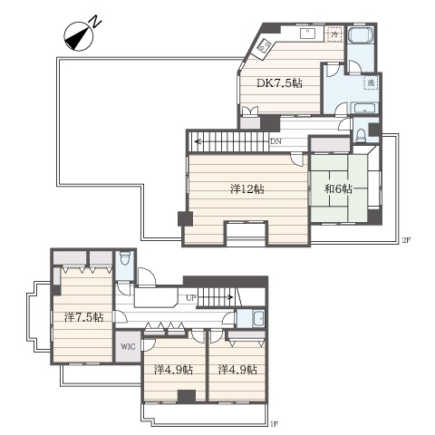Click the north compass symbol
79,35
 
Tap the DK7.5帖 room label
279,83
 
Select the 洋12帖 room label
247,189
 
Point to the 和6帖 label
338,189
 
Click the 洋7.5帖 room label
84,317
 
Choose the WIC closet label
128,346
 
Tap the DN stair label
275,141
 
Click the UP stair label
191,298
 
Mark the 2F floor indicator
406,240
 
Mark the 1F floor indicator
274,424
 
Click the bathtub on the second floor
361,35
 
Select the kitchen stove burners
263,47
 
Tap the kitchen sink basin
308,33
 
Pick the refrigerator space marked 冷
334,34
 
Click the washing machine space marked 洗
372,82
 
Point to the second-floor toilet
361,135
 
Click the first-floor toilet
124,258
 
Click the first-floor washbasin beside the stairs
259,318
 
